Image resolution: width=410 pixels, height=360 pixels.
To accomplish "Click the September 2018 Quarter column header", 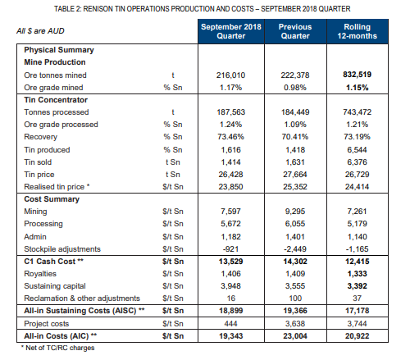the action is tap(231, 31).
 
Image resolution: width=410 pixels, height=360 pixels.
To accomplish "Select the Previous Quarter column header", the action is tap(295, 31).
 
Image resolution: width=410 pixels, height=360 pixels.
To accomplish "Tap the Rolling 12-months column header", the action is tap(357, 31).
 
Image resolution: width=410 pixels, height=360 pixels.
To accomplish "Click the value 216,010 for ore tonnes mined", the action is tap(230, 75).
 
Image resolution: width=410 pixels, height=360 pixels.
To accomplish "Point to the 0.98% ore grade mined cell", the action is tap(295, 88).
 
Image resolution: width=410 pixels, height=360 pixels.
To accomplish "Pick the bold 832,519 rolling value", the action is tap(357, 75).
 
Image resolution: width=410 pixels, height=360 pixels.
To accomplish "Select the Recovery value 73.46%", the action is tap(230, 137).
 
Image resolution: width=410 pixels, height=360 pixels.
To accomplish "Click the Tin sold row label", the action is tap(38, 162).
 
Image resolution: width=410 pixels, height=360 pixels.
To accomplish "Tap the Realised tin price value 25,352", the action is tap(295, 187).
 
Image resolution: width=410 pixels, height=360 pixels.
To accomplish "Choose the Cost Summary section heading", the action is tap(52, 199).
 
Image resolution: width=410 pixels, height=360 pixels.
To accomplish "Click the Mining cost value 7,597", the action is tap(230, 212).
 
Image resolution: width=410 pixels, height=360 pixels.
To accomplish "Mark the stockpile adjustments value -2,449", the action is tap(295, 249).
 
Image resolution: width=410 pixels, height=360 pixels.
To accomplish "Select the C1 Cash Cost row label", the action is tap(53, 262).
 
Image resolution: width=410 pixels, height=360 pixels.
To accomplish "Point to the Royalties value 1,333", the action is tap(357, 274).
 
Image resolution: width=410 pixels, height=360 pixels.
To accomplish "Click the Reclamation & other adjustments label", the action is tap(82, 298).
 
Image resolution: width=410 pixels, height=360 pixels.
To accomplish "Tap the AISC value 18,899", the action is tap(230, 311).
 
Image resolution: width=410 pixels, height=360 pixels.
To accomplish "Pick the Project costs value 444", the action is tap(230, 324).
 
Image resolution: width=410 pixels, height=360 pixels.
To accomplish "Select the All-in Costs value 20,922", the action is tap(357, 336).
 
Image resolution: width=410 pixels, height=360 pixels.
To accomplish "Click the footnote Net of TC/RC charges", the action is tap(58, 348).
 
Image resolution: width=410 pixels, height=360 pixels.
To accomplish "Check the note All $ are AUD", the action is tap(40, 31).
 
